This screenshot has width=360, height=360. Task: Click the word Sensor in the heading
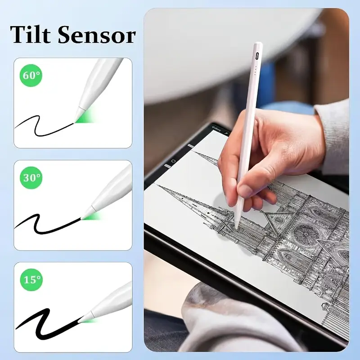coord(97,36)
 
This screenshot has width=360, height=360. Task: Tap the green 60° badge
coord(31,75)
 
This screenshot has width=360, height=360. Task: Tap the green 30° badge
coord(31,177)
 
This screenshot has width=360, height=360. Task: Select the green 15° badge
coord(31,279)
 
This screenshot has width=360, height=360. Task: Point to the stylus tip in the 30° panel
coord(81,218)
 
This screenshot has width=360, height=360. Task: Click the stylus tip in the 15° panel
coord(79,321)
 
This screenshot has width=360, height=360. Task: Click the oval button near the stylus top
coord(257,55)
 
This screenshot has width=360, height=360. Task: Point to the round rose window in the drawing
coord(305,234)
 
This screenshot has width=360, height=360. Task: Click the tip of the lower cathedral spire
coord(156,184)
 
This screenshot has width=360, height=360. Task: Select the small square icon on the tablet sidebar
coord(174,161)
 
